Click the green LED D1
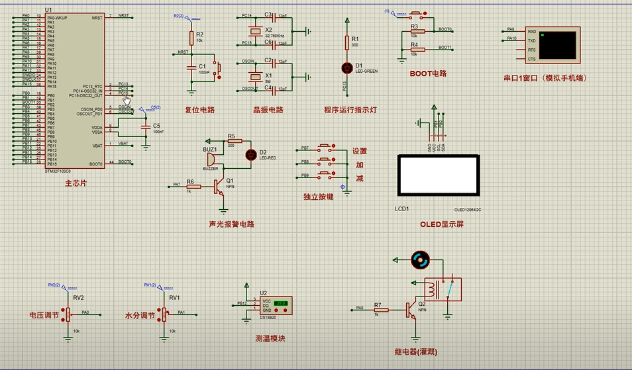tap(346, 67)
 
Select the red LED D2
tap(250, 155)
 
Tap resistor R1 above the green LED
tap(346, 42)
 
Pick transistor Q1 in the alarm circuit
tap(219, 188)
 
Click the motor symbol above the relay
tap(419, 261)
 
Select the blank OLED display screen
tap(437, 176)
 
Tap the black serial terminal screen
tap(558, 44)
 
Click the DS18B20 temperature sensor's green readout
tap(280, 303)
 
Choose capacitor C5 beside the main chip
tap(146, 126)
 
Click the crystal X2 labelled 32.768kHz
tap(252, 30)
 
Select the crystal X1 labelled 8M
tap(252, 76)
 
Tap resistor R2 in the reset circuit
tap(191, 36)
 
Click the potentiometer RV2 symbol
tap(68, 314)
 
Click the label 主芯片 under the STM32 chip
tap(75, 183)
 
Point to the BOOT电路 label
tap(428, 74)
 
